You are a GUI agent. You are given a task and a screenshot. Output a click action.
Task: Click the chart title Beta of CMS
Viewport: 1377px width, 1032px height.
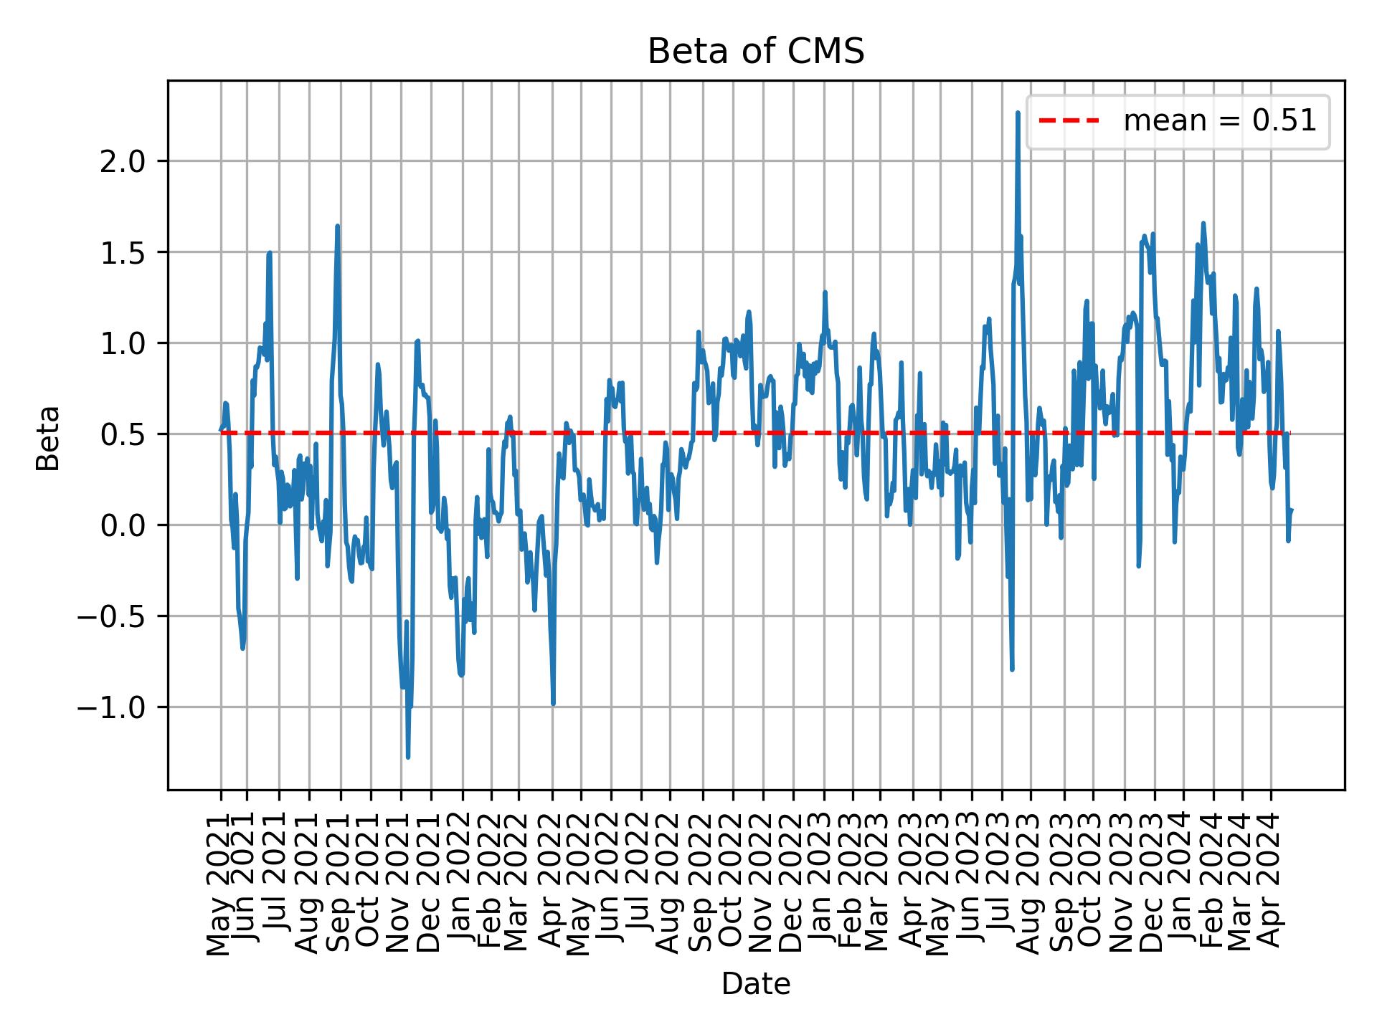tap(755, 52)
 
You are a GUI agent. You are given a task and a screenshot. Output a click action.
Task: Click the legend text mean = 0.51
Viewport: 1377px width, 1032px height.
tap(1219, 122)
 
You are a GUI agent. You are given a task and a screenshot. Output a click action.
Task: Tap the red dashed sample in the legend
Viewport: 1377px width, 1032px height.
tap(1069, 122)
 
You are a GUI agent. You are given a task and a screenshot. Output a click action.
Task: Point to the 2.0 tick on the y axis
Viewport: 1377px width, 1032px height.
tap(121, 161)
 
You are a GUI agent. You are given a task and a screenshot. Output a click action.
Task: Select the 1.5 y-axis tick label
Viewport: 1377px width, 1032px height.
tap(121, 252)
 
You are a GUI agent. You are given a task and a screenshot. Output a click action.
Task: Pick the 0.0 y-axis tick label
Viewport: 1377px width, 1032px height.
tap(121, 525)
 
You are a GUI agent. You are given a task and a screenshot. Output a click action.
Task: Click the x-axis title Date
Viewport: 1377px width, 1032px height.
tap(755, 985)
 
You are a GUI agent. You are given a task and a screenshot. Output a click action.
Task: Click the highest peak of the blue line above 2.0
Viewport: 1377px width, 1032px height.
tap(1018, 113)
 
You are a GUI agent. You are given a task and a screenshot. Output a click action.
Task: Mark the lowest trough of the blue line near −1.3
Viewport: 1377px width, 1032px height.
tap(408, 757)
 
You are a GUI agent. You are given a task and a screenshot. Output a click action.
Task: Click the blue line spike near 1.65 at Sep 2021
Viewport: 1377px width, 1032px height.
tap(337, 226)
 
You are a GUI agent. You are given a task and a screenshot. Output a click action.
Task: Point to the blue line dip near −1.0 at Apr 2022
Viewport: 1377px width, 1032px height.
tap(553, 704)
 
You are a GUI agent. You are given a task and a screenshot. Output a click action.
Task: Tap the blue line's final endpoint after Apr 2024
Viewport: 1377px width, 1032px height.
tap(1291, 510)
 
